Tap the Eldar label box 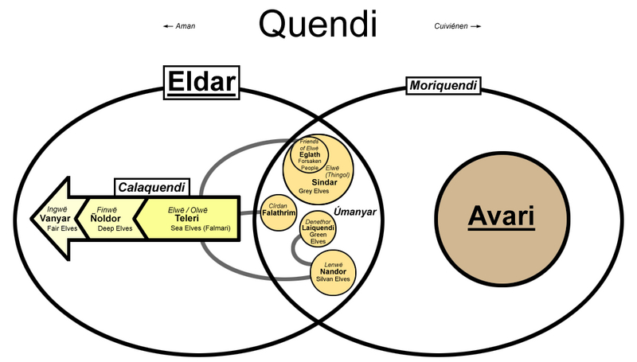pyautogui.click(x=202, y=82)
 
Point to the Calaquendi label pyautogui.click(x=151, y=188)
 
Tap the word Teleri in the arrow pyautogui.click(x=186, y=218)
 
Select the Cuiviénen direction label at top pyautogui.click(x=455, y=26)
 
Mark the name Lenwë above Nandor pyautogui.click(x=333, y=263)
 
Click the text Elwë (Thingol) pyautogui.click(x=338, y=171)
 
